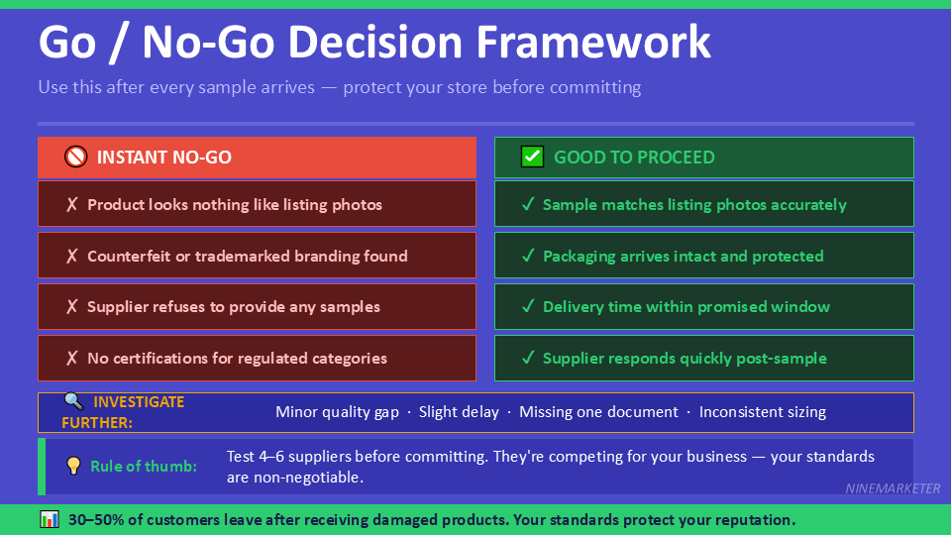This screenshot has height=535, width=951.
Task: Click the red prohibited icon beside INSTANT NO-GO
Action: coord(76,157)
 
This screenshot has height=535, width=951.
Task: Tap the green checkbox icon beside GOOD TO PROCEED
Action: coord(532,157)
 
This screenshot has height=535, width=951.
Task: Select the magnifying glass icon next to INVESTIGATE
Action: coord(73,401)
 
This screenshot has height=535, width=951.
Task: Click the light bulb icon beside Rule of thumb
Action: coord(72,466)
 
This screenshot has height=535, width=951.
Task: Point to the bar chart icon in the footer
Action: coord(50,519)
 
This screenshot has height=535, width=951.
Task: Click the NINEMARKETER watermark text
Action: coord(893,488)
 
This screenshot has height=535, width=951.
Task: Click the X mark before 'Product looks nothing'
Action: coord(71,205)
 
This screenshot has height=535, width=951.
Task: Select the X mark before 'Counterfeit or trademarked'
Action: coord(71,256)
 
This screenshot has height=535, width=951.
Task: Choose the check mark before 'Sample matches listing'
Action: coord(528,205)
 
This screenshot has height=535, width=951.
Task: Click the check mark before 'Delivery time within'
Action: coord(528,307)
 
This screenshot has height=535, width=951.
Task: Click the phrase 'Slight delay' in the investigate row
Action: coord(459,412)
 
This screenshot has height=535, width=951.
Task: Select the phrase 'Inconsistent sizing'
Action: coord(762,412)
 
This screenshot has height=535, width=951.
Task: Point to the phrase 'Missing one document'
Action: coord(598,412)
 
